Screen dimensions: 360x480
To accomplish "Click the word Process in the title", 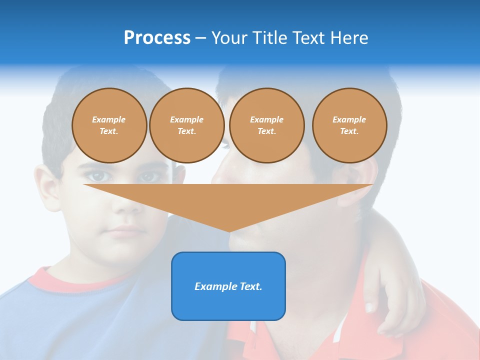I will pos(157,38).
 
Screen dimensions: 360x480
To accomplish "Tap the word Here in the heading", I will pos(348,38).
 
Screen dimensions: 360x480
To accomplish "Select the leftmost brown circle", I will pos(109,125).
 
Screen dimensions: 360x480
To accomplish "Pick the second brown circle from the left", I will pos(186,125).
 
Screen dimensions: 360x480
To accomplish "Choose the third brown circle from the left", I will pos(266,125).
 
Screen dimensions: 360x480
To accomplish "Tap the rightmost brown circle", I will pos(349,125).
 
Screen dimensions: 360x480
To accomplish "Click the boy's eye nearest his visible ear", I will pos(98,176).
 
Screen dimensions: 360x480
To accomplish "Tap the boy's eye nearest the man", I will pos(149,176).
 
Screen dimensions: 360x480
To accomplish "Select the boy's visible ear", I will pos(48,188).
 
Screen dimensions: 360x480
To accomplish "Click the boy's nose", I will pos(128,205).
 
